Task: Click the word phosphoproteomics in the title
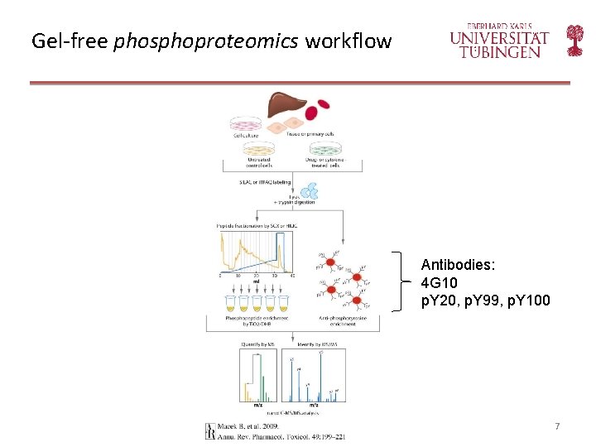(207, 41)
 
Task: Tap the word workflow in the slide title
(348, 41)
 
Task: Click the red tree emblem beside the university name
(574, 40)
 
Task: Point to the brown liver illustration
(279, 107)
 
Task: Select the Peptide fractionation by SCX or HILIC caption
(257, 226)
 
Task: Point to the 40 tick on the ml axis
(293, 274)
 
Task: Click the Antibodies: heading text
(458, 265)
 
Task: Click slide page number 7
(557, 426)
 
